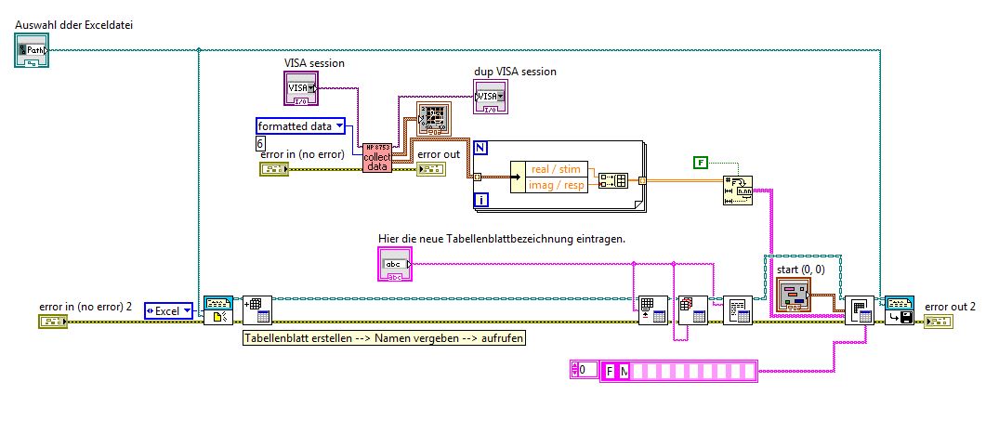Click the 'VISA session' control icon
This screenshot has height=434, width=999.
point(300,88)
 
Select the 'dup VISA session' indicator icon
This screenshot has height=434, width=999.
point(490,96)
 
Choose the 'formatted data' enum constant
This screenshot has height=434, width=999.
point(300,125)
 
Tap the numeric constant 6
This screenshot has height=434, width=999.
point(261,143)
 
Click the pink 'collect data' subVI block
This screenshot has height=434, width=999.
point(376,157)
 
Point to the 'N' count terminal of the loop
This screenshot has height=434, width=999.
point(480,148)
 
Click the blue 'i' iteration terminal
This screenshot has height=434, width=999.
point(480,199)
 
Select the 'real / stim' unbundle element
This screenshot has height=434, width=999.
point(552,169)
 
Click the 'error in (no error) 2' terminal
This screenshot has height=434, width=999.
point(53,322)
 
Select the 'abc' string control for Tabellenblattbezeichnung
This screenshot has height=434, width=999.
point(394,266)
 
